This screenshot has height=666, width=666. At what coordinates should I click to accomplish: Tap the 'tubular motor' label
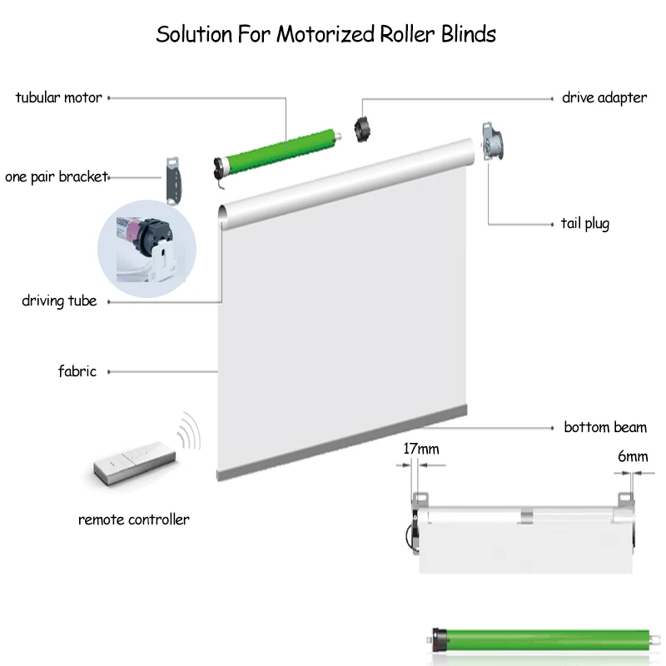point(58,97)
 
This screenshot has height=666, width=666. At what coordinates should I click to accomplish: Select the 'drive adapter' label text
point(604,97)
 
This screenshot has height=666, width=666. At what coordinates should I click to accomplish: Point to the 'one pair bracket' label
point(56,176)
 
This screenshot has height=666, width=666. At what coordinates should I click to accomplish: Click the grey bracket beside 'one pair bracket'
point(174,179)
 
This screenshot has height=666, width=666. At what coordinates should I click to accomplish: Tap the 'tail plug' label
point(584,223)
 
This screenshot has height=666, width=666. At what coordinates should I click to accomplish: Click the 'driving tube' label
point(59,301)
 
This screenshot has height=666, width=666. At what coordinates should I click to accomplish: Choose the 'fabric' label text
point(77,371)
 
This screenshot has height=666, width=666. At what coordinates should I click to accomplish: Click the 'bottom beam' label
point(604,428)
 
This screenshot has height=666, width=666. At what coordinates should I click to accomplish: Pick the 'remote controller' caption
point(133,519)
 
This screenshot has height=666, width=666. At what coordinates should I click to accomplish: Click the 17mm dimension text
point(420,450)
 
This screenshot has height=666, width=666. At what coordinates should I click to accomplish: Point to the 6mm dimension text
point(632,456)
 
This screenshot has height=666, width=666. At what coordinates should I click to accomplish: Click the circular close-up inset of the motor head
point(147,246)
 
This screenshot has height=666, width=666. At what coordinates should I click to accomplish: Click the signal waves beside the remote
point(190,433)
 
